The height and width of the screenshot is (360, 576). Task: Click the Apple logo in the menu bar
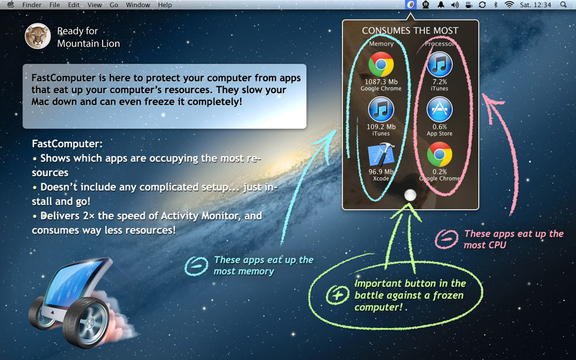[10, 5]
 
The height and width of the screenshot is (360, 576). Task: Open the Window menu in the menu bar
[138, 5]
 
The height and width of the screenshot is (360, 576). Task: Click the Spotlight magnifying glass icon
[564, 5]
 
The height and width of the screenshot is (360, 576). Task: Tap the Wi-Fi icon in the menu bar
[509, 5]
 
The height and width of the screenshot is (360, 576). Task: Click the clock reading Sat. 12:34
[536, 5]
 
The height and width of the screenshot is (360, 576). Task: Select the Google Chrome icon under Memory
[381, 65]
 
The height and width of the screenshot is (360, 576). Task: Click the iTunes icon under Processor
[440, 65]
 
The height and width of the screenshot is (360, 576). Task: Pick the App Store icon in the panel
[440, 109]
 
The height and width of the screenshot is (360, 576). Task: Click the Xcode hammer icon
[381, 155]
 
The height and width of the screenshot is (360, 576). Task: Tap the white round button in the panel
[410, 195]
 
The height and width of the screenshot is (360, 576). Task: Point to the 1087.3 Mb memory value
[381, 82]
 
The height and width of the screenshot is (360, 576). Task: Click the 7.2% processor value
[440, 82]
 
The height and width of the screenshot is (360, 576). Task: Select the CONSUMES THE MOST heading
[410, 31]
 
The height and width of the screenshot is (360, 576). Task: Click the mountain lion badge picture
[37, 36]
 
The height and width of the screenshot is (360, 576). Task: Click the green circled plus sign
[338, 294]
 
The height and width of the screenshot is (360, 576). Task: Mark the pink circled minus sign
[446, 239]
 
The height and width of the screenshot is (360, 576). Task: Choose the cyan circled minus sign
[196, 266]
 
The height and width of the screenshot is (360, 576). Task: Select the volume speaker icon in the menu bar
[455, 5]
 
